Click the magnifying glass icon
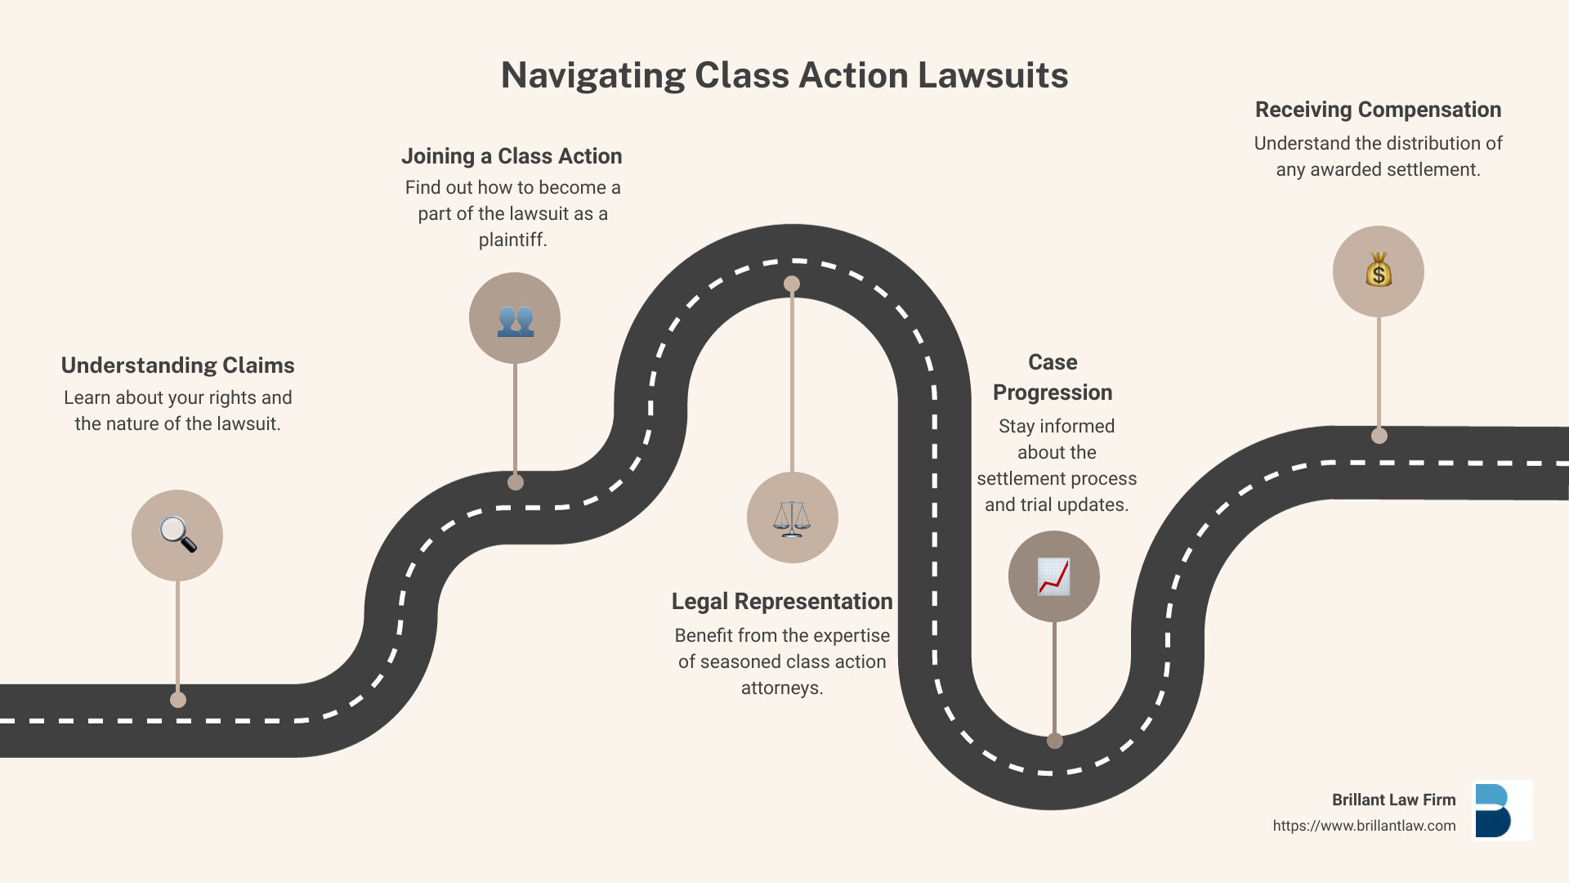tap(177, 536)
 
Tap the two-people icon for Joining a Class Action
tap(515, 319)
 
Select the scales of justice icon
tap(792, 518)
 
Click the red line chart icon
tap(1053, 576)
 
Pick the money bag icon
tap(1379, 271)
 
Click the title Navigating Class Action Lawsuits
tap(784, 75)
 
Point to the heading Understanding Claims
tap(177, 365)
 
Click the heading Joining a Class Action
tap(512, 156)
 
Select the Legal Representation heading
tap(782, 602)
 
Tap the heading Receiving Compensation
tap(1378, 110)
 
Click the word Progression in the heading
tap(1053, 392)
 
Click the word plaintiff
tap(512, 240)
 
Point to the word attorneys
tap(782, 688)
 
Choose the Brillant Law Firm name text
tap(1393, 800)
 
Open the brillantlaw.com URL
tap(1364, 826)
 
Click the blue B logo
tap(1494, 810)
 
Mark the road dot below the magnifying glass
tap(178, 700)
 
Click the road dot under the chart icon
tap(1055, 741)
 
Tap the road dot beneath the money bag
tap(1379, 436)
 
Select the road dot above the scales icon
tap(792, 284)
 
